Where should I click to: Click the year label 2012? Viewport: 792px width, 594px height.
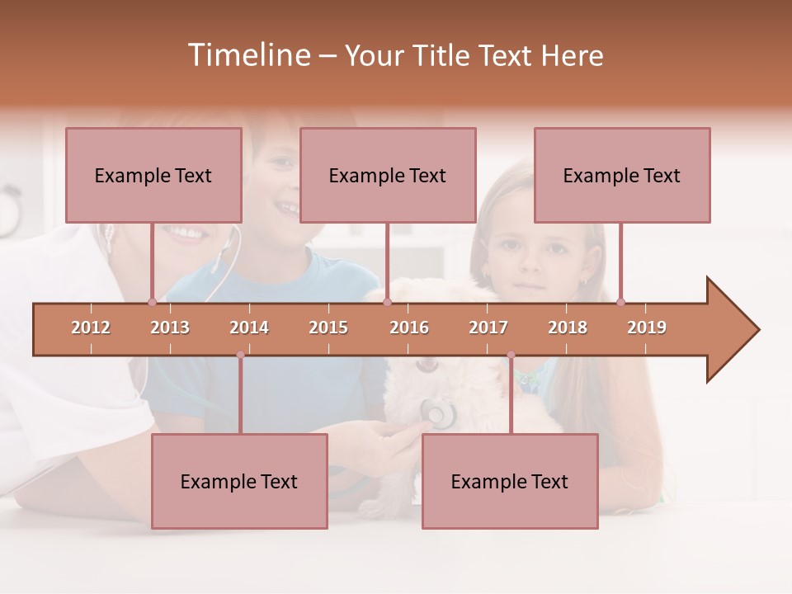(x=91, y=328)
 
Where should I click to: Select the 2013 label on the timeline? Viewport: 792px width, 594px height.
(x=170, y=328)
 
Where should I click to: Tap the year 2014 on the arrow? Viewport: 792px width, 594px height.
(x=249, y=328)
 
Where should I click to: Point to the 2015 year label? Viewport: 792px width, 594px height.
(x=328, y=328)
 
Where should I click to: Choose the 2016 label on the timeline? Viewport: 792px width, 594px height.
(x=409, y=328)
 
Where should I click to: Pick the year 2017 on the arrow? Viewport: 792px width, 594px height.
(x=488, y=328)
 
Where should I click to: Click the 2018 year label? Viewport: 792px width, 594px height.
(x=568, y=328)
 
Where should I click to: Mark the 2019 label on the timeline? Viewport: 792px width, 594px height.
(x=647, y=328)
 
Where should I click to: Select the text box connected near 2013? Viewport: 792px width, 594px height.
(x=153, y=175)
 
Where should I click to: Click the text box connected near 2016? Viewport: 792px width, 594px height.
(x=388, y=175)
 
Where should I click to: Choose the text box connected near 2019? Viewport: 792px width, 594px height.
(x=622, y=175)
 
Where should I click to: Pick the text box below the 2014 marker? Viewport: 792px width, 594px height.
(x=239, y=481)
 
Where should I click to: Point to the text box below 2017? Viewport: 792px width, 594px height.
(x=510, y=481)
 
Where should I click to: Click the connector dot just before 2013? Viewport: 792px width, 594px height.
(x=152, y=302)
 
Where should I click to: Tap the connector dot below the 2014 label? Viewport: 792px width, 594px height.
(x=240, y=355)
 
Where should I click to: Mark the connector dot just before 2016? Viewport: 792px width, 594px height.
(x=387, y=302)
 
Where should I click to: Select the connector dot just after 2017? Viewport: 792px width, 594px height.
(x=511, y=355)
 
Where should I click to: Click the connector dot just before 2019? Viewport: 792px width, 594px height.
(x=620, y=302)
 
